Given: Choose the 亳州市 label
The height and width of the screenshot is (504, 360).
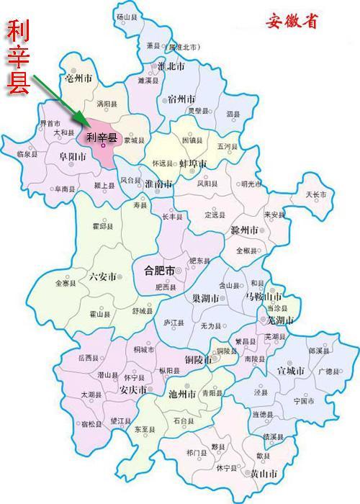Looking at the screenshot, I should click(x=78, y=78).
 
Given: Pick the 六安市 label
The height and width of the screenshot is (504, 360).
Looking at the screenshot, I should click(x=102, y=276).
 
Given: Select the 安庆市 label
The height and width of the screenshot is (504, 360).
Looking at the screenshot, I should click(x=133, y=390).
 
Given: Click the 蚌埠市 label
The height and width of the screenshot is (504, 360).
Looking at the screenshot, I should click(x=192, y=165).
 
